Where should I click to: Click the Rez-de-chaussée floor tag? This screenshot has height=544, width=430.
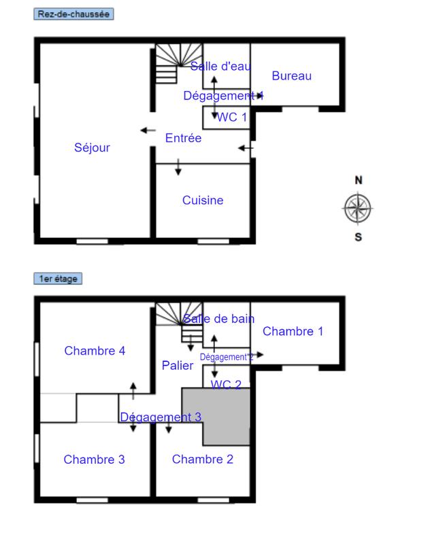(x=73, y=14)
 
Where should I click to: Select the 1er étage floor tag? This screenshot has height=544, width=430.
(x=58, y=279)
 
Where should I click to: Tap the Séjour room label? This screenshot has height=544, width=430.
(x=92, y=148)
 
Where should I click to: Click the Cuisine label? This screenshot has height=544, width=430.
(x=203, y=201)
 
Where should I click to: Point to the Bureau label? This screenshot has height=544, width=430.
(x=291, y=75)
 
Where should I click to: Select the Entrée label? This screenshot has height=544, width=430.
(x=184, y=138)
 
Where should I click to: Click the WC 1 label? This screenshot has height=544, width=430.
(x=232, y=117)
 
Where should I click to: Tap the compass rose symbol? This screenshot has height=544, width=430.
(x=358, y=209)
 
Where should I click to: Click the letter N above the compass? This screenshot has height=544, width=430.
(x=359, y=180)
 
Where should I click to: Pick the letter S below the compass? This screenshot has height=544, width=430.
(x=359, y=237)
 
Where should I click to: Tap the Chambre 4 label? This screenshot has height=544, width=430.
(x=95, y=351)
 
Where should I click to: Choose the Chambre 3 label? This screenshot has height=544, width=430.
(x=94, y=460)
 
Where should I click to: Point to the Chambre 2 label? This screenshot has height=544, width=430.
(x=203, y=460)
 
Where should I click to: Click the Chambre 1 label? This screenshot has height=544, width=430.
(x=293, y=332)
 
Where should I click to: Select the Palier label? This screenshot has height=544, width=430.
(x=178, y=366)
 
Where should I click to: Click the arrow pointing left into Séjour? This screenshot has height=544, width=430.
(x=147, y=131)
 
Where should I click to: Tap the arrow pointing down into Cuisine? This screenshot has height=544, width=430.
(x=178, y=168)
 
